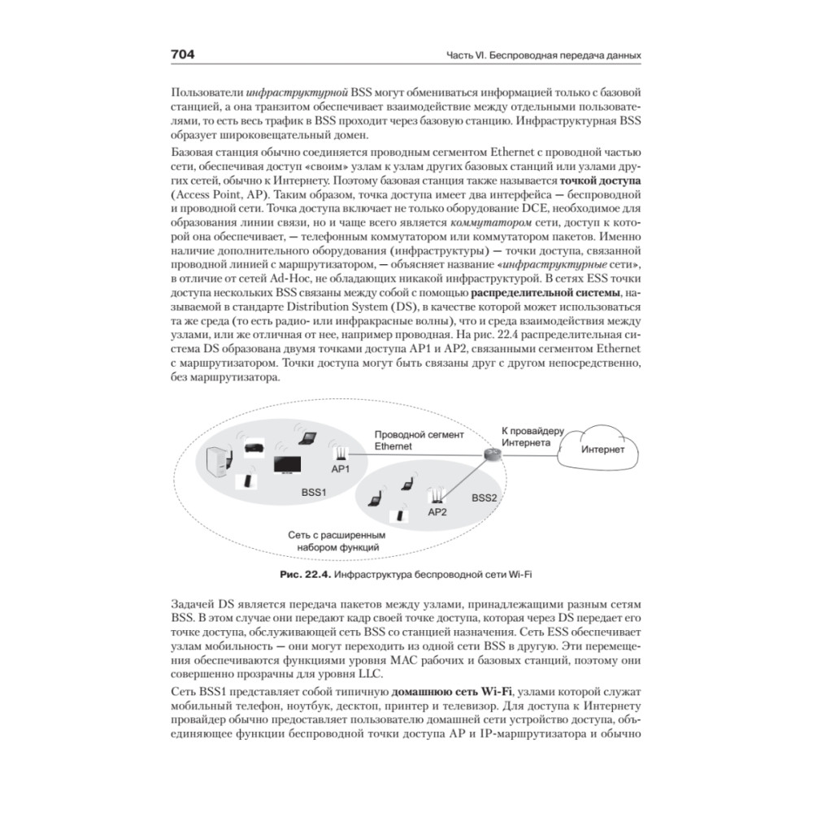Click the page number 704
coord(182,54)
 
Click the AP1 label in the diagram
coord(340,469)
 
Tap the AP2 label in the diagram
coord(437,511)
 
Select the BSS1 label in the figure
coord(314,492)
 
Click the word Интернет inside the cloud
coord(602,449)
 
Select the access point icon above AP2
coord(437,493)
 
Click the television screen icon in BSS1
coord(288,464)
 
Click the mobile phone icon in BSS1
coord(243,480)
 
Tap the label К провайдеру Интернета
coord(526,437)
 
